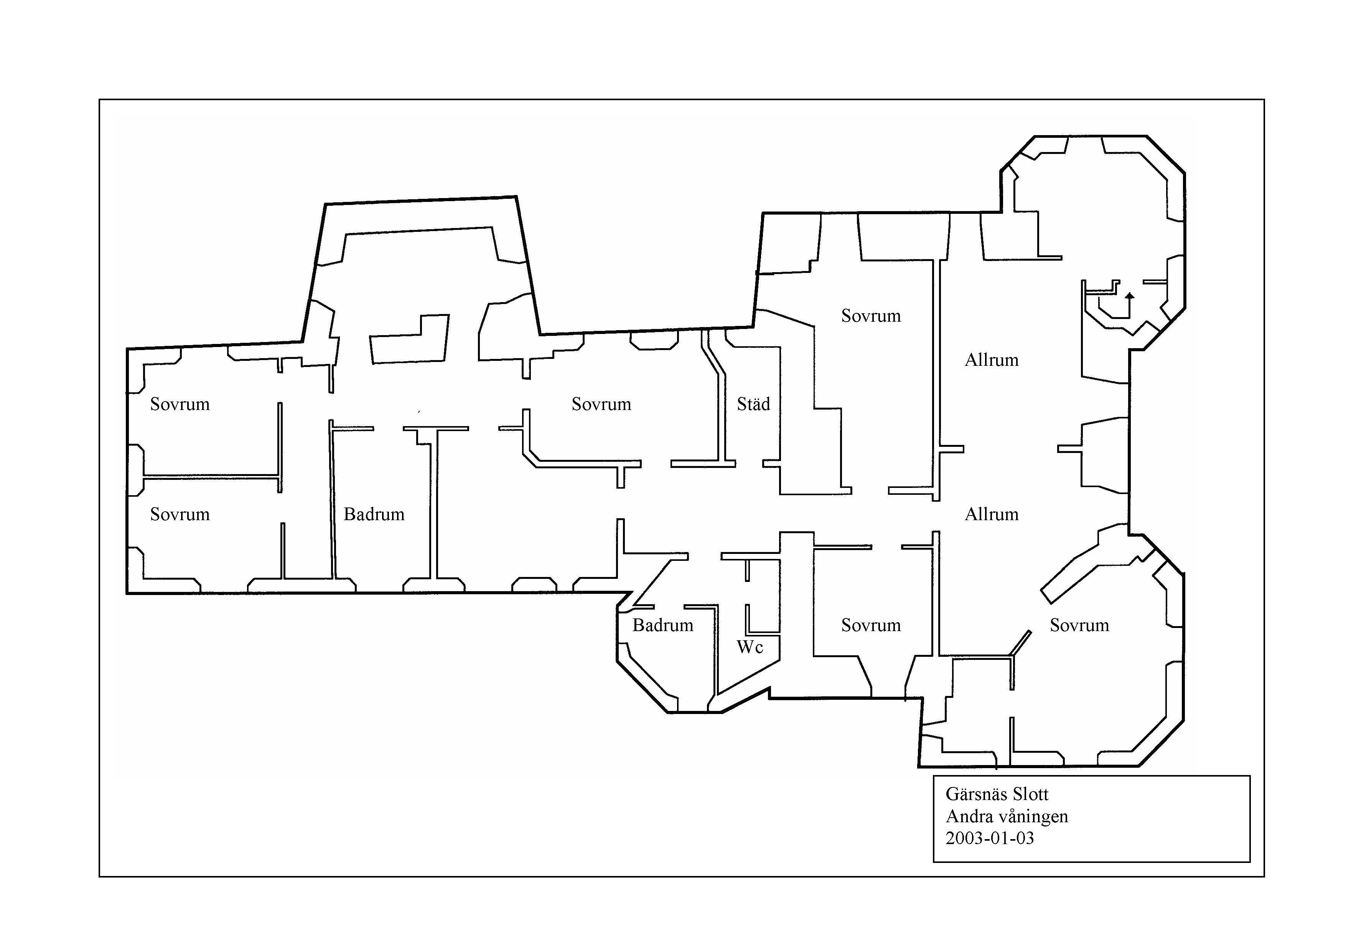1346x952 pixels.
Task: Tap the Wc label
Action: pos(750,647)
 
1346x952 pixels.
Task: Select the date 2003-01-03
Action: pos(990,838)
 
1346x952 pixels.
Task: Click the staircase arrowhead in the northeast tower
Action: pos(1130,296)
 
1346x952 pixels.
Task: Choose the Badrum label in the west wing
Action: pos(374,514)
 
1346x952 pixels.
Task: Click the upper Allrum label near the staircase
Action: pos(991,360)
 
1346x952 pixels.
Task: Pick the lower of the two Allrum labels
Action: pos(991,514)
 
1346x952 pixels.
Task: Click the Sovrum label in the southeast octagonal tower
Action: pos(1079,625)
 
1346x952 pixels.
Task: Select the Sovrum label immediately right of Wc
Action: pos(871,625)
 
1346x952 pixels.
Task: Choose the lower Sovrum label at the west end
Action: pos(180,514)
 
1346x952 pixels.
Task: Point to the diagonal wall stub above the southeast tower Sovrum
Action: pos(1020,642)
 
